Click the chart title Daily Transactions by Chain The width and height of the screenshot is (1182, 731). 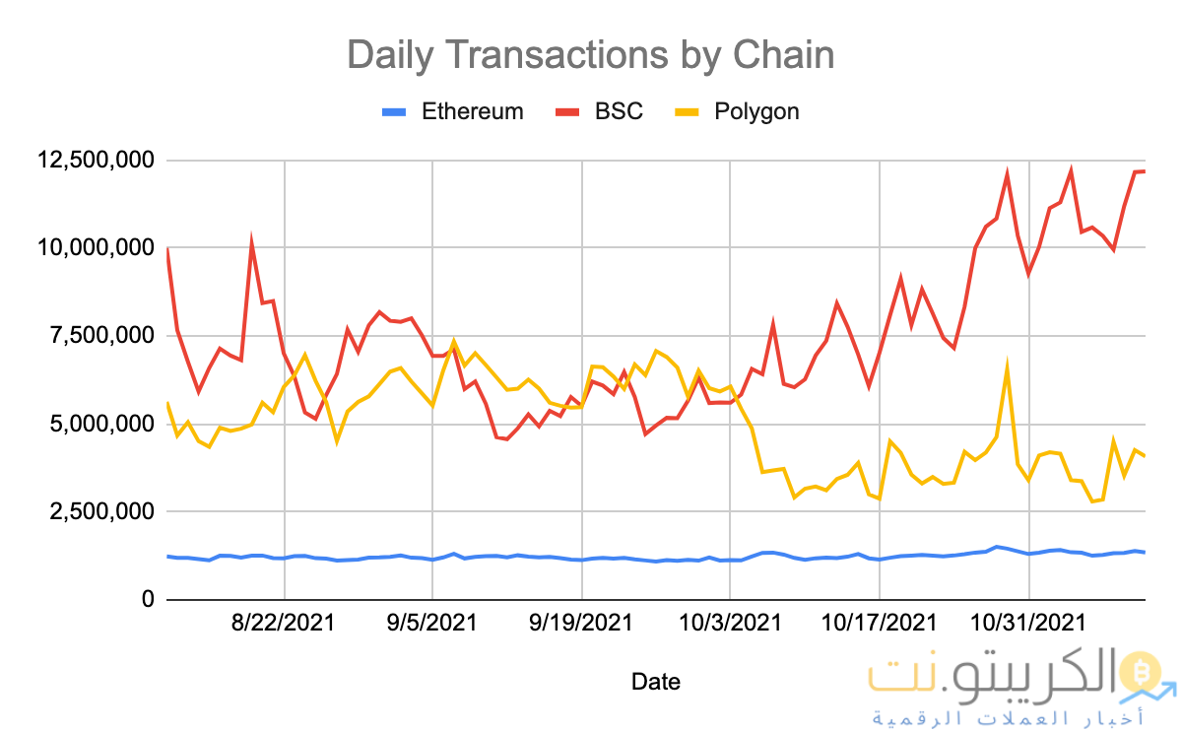(x=590, y=55)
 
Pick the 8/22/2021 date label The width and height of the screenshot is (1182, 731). (x=285, y=624)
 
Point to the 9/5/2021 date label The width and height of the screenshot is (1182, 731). (x=432, y=624)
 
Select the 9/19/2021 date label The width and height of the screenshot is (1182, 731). (x=581, y=624)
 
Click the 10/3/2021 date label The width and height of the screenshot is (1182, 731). (x=730, y=624)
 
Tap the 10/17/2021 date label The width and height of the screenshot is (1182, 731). (x=879, y=624)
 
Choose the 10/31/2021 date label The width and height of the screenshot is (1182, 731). (x=1028, y=624)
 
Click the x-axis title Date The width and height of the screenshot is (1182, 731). (x=655, y=681)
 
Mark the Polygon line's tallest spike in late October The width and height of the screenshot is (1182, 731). (x=1007, y=366)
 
